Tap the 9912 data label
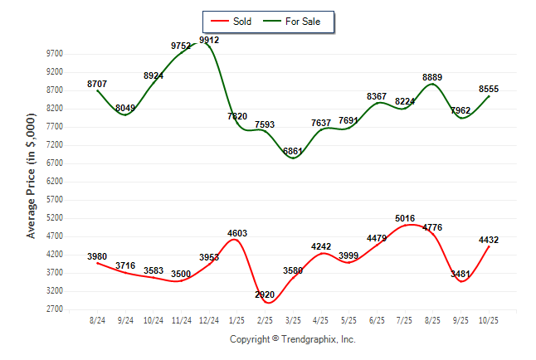pyautogui.click(x=209, y=39)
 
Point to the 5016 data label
pyautogui.click(x=405, y=219)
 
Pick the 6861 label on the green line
pyautogui.click(x=294, y=152)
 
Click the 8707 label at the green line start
pyautogui.click(x=97, y=84)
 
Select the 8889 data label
pyautogui.click(x=432, y=78)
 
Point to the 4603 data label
pyautogui.click(x=236, y=233)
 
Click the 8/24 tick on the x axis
pyautogui.click(x=97, y=320)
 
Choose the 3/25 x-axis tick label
pyautogui.click(x=294, y=320)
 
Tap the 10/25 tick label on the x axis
pyautogui.click(x=489, y=320)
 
